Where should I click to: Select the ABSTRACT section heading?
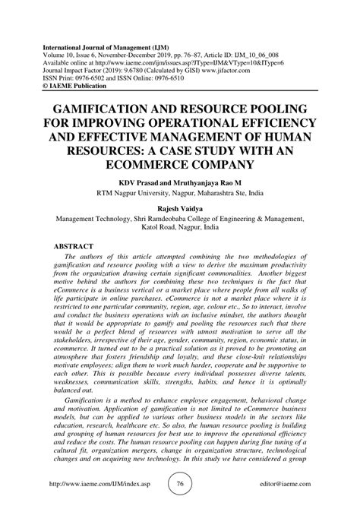coord(78,247)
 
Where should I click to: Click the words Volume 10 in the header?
coord(69,46)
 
